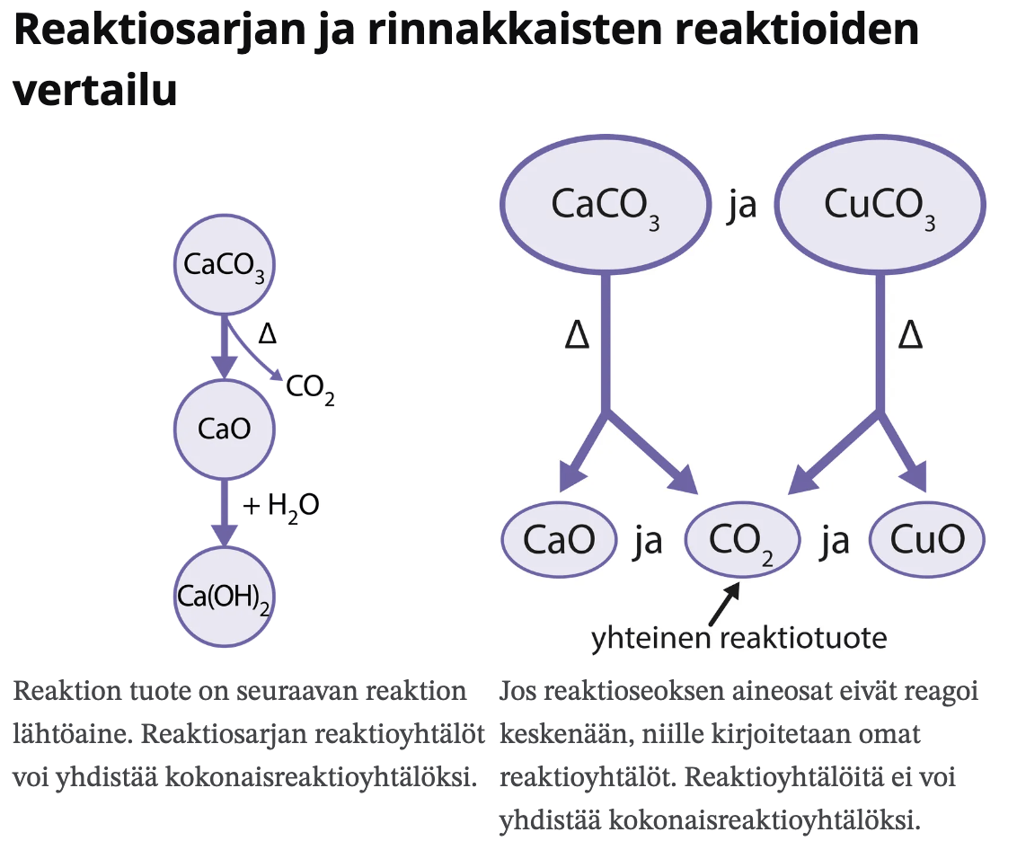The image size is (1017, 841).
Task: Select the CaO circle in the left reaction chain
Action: (x=224, y=429)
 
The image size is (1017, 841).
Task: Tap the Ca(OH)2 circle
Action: (x=224, y=596)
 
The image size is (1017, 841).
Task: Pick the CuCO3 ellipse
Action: (x=879, y=205)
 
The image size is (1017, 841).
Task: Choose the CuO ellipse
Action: (x=927, y=540)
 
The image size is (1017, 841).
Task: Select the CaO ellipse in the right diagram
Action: (x=559, y=540)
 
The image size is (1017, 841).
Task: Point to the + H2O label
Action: (x=281, y=506)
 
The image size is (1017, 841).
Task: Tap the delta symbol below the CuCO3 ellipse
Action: (x=910, y=336)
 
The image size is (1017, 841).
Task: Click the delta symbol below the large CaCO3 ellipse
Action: (x=577, y=336)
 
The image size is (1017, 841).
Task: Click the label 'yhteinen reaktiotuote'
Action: (x=738, y=638)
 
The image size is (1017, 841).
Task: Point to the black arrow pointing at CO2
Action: (x=723, y=604)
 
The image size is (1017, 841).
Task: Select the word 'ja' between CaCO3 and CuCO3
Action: (x=742, y=206)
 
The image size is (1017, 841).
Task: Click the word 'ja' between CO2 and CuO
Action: (x=835, y=541)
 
